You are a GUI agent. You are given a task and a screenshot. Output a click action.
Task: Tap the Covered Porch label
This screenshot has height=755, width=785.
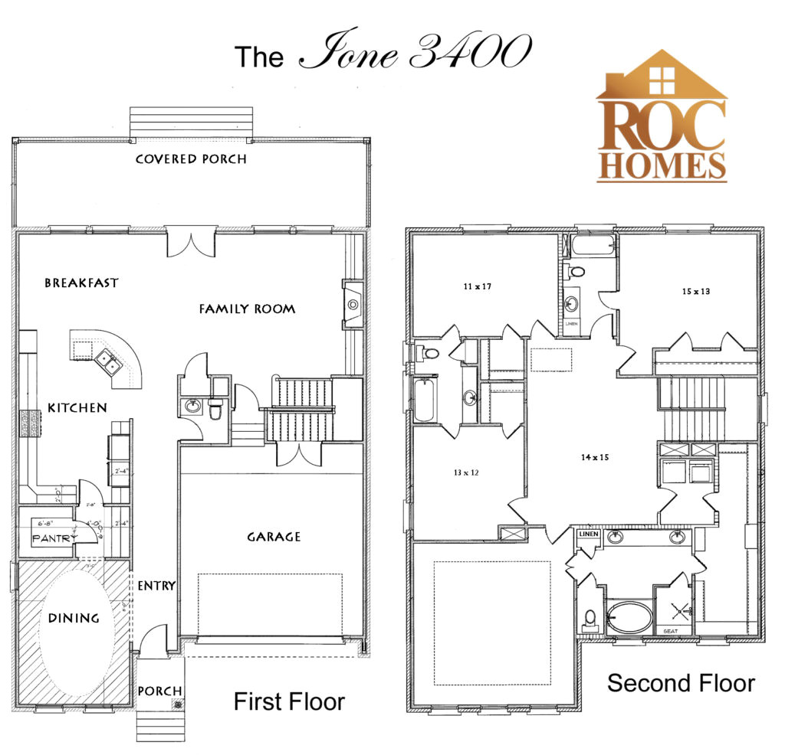pyautogui.click(x=191, y=159)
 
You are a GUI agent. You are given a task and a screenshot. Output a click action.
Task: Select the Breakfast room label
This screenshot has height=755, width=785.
pyautogui.click(x=81, y=283)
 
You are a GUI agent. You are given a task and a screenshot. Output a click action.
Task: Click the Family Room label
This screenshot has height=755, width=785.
pyautogui.click(x=247, y=309)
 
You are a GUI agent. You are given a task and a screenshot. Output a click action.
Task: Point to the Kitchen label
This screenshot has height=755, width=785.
pyautogui.click(x=77, y=407)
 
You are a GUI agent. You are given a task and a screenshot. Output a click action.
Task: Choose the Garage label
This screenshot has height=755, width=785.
pyautogui.click(x=274, y=537)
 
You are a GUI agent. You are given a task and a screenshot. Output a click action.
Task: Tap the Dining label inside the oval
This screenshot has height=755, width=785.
pyautogui.click(x=74, y=617)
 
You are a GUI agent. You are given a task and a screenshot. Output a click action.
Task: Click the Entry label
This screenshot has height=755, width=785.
pyautogui.click(x=156, y=585)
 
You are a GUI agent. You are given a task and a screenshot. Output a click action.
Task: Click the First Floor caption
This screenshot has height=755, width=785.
pyautogui.click(x=289, y=701)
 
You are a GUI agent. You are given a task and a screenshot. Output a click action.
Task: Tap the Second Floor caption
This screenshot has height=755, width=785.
pyautogui.click(x=681, y=682)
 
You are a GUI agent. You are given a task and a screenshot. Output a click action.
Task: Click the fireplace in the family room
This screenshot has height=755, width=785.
pyautogui.click(x=352, y=304)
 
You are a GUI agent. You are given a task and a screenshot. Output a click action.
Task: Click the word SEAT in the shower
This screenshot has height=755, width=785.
pyautogui.click(x=672, y=630)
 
